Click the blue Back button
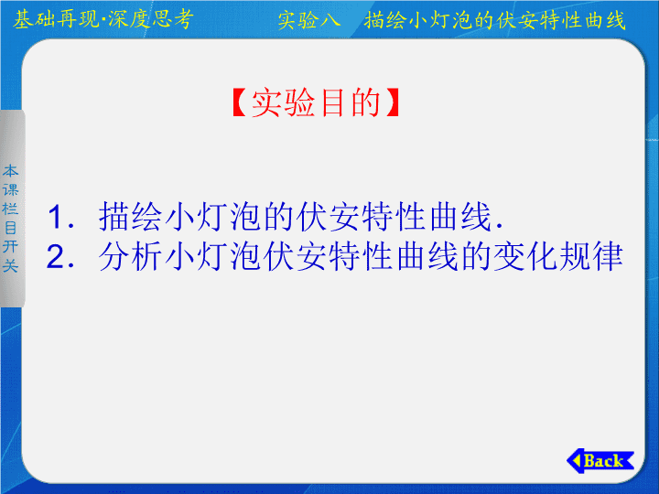coord(600,461)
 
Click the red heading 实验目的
coord(316,102)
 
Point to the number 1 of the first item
coord(57,217)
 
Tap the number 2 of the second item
coord(57,256)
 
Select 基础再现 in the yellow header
coord(56,19)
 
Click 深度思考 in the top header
coord(151,19)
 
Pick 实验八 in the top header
coord(309,20)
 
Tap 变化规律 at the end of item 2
coord(558,256)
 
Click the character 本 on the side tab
coord(10,171)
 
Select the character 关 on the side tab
coord(10,265)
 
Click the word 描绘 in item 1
coord(130,217)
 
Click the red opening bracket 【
coord(240,102)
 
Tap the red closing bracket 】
coord(392,102)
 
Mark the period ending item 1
coord(500,227)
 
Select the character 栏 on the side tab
coord(10,209)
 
